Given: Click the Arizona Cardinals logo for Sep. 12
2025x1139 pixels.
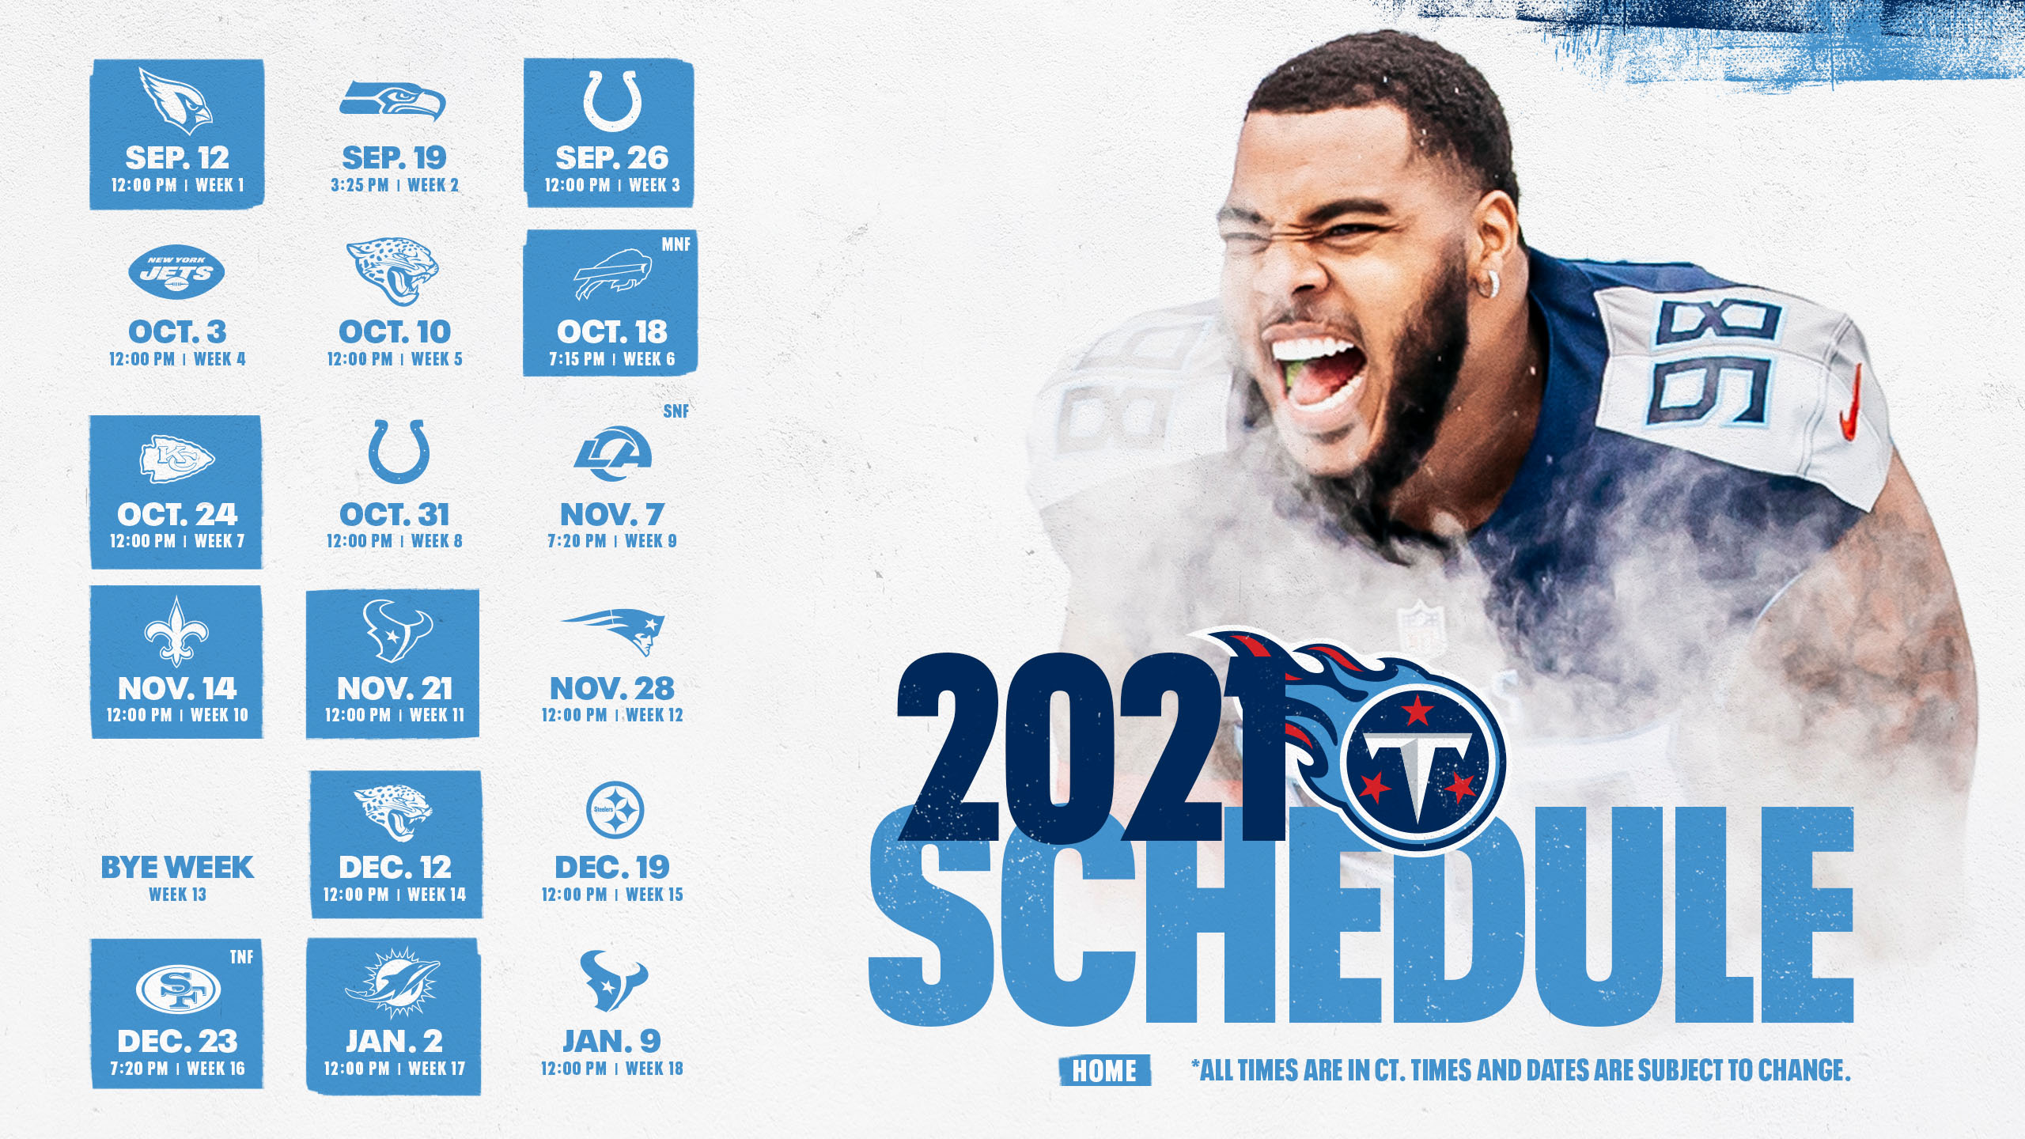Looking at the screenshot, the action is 176,100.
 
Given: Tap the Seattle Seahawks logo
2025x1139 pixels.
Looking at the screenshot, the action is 393,101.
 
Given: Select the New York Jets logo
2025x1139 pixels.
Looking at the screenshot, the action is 176,271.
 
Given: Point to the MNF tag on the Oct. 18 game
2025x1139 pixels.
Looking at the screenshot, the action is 676,244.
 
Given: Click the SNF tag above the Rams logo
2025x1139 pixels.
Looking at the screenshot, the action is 676,411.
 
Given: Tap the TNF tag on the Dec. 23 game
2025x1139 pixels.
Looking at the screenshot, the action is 241,957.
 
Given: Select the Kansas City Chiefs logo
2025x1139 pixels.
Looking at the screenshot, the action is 176,459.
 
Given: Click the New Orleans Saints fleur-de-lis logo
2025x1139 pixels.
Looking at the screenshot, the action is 176,631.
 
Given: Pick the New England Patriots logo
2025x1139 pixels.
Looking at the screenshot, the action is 614,631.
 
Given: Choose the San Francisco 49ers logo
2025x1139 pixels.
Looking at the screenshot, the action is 178,990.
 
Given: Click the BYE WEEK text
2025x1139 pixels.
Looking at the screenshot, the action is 177,867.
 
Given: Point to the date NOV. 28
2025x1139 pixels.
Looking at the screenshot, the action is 612,688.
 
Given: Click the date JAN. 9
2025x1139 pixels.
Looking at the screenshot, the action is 611,1041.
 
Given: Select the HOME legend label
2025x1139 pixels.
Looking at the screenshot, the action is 1104,1071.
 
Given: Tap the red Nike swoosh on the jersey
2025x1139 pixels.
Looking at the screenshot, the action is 1849,403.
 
